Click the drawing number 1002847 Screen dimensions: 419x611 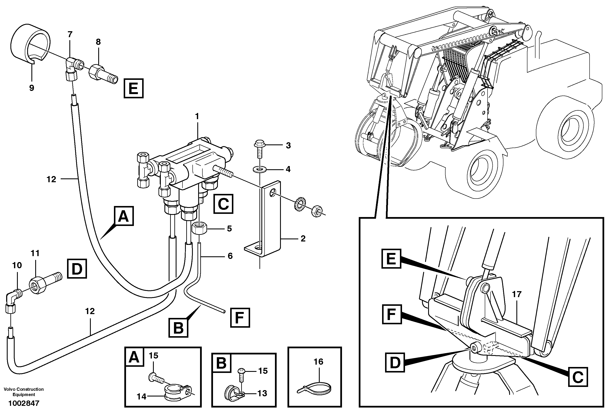(x=24, y=403)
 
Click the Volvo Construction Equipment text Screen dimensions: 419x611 (x=24, y=392)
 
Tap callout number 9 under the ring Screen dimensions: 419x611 (x=32, y=88)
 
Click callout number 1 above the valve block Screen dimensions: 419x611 (x=197, y=116)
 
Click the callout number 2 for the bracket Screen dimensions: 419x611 (x=303, y=239)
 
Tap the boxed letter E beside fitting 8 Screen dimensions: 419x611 (x=134, y=88)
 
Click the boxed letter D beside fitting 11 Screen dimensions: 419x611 (x=77, y=269)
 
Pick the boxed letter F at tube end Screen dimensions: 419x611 (x=240, y=318)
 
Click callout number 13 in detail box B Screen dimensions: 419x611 (x=262, y=394)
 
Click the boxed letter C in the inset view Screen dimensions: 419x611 (x=578, y=377)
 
